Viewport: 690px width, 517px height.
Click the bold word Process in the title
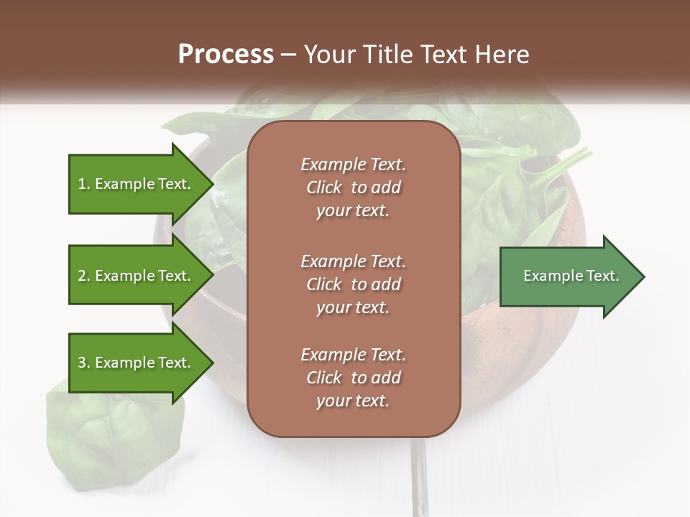coord(226,55)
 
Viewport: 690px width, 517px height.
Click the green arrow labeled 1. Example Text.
coord(137,184)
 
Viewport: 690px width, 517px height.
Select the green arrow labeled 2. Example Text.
coord(137,276)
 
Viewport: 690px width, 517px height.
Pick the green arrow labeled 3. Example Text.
coord(137,363)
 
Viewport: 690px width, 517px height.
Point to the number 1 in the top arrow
coord(81,184)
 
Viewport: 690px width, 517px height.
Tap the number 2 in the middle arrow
coord(82,276)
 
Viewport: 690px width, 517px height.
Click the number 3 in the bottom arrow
coord(82,363)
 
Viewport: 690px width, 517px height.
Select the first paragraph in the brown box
coord(353,187)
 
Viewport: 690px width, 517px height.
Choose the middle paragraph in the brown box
coord(353,284)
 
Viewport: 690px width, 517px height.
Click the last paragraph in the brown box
coord(353,378)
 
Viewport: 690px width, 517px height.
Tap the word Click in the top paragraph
coord(324,187)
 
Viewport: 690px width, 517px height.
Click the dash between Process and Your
coord(288,55)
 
